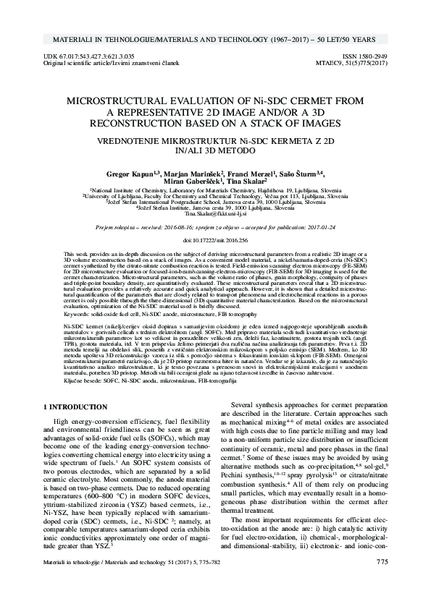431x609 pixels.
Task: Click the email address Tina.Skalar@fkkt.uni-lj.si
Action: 215,215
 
